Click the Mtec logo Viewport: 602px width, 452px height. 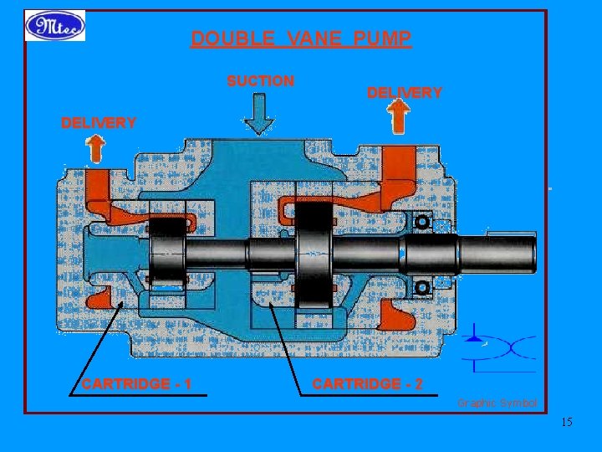coord(55,25)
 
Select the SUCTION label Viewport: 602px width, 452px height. coord(261,81)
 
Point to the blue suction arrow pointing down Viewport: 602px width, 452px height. coord(260,115)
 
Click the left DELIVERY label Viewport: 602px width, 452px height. coord(99,123)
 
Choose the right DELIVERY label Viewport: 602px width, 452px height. coord(405,93)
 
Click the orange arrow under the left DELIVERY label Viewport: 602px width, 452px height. coord(95,150)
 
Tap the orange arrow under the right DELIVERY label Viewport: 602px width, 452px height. coord(399,118)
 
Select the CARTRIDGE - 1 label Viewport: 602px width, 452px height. coord(137,384)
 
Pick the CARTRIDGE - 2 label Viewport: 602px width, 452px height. coord(367,384)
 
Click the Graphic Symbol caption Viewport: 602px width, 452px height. coord(497,403)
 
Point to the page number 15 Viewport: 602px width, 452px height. coord(567,422)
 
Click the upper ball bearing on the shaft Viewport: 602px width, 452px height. coord(422,223)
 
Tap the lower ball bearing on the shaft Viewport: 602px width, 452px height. coord(422,287)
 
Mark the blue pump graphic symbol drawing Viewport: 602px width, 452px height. coord(500,346)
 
